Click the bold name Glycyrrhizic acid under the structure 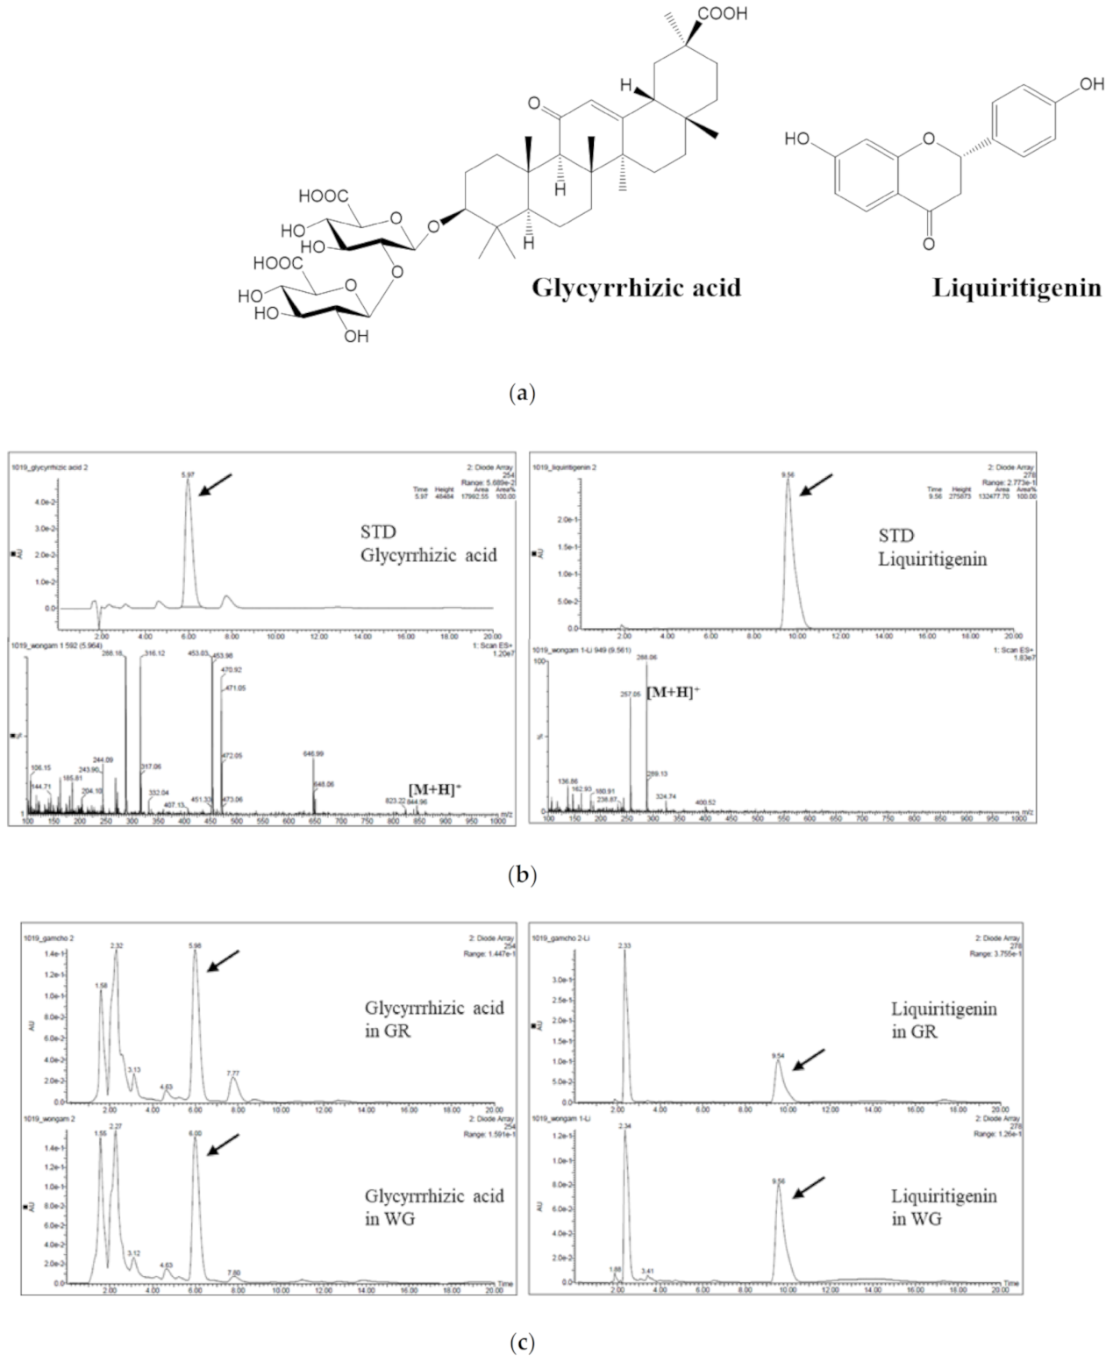[x=636, y=288]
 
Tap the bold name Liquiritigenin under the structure [x=1016, y=288]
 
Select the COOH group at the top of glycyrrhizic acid [x=723, y=14]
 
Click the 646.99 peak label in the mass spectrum [x=313, y=753]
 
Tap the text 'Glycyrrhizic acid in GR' [x=434, y=1018]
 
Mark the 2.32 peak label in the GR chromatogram [x=117, y=945]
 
